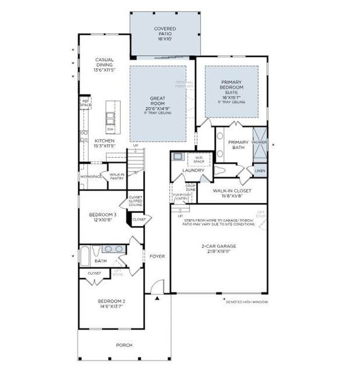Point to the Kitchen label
[x=104, y=143]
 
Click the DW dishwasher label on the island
[x=110, y=129]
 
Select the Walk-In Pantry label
[x=116, y=177]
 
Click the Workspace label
[x=91, y=177]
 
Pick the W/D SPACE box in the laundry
[x=199, y=159]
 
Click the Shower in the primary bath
[x=259, y=142]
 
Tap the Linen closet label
[x=259, y=171]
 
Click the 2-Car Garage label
[x=218, y=248]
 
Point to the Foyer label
[x=157, y=256]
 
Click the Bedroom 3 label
[x=103, y=217]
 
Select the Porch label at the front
[x=124, y=345]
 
